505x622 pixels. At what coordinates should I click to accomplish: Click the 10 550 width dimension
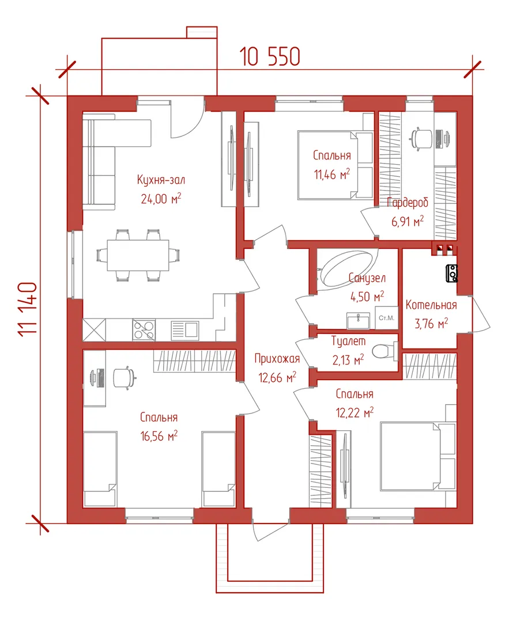[x=270, y=56]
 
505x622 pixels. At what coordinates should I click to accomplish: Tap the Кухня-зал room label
[x=161, y=180]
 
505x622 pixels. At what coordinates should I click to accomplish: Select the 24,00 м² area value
[x=161, y=198]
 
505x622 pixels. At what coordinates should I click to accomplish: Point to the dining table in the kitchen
[x=138, y=255]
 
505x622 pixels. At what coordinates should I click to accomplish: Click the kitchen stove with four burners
[x=144, y=330]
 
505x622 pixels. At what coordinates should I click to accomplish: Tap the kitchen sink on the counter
[x=184, y=330]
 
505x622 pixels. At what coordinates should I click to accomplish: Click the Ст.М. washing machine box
[x=386, y=318]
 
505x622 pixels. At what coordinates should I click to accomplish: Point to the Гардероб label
[x=408, y=203]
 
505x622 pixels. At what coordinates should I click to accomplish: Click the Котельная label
[x=431, y=305]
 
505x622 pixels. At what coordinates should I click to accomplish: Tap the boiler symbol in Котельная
[x=452, y=274]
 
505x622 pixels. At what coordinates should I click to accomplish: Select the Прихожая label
[x=277, y=359]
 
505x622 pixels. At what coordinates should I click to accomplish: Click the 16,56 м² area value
[x=159, y=436]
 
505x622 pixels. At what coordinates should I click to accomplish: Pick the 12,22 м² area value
[x=355, y=413]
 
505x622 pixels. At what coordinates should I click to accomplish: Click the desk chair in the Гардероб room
[x=421, y=138]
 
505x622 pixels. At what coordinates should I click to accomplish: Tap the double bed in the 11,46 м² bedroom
[x=336, y=165]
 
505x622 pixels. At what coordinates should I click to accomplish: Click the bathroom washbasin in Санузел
[x=358, y=321]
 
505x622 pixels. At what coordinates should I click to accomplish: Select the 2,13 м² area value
[x=348, y=360]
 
